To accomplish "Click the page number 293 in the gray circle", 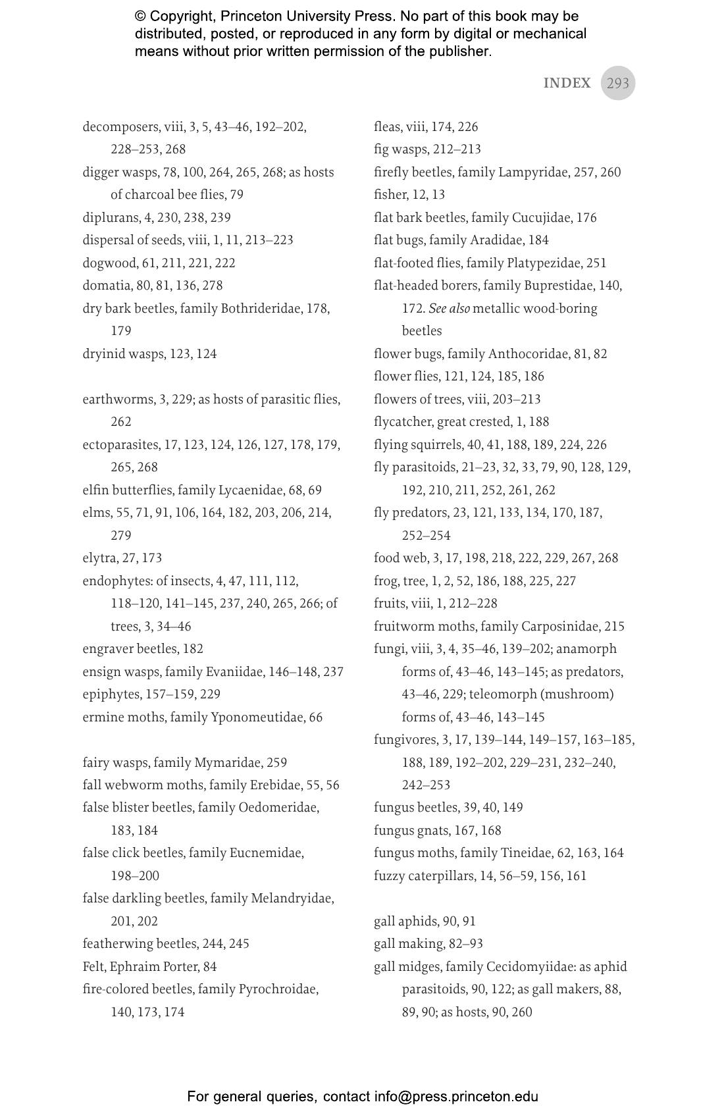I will (617, 83).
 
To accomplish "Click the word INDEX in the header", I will (567, 83).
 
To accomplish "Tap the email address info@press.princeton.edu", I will (456, 1097).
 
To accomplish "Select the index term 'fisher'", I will (390, 194).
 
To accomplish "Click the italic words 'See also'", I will (449, 308).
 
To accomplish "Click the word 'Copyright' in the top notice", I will (182, 16).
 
